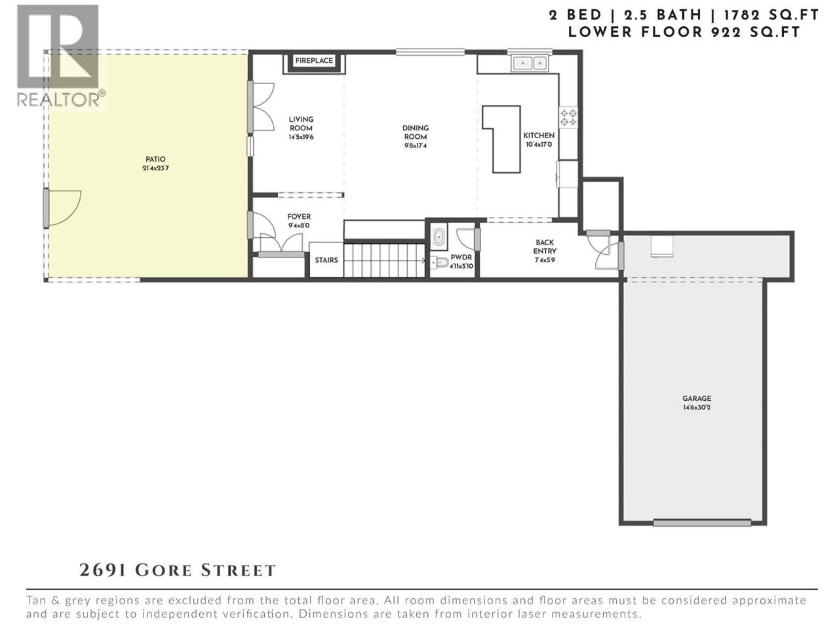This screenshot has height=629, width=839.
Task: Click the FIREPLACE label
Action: pyautogui.click(x=314, y=61)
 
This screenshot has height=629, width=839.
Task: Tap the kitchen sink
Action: pyautogui.click(x=530, y=63)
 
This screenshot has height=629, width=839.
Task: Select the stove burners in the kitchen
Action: pyautogui.click(x=568, y=117)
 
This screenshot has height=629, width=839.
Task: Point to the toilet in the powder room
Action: pyautogui.click(x=440, y=262)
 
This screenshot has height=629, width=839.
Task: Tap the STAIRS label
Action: pyautogui.click(x=326, y=260)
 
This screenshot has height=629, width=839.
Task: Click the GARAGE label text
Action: pyautogui.click(x=696, y=398)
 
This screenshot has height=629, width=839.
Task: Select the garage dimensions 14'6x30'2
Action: pyautogui.click(x=696, y=408)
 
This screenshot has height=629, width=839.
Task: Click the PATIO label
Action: pyautogui.click(x=155, y=159)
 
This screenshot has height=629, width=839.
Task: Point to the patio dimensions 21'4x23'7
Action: pyautogui.click(x=155, y=168)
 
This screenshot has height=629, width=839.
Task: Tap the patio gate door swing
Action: pyautogui.click(x=63, y=208)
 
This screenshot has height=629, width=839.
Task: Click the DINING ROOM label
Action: pyautogui.click(x=416, y=132)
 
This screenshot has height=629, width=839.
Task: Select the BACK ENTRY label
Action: pyautogui.click(x=545, y=247)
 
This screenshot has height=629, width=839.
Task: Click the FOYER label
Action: pyautogui.click(x=299, y=216)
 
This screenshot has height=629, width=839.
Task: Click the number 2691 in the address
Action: pyautogui.click(x=103, y=570)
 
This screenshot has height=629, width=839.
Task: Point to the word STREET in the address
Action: pyautogui.click(x=238, y=571)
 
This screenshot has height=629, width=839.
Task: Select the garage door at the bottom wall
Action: pyautogui.click(x=702, y=522)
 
